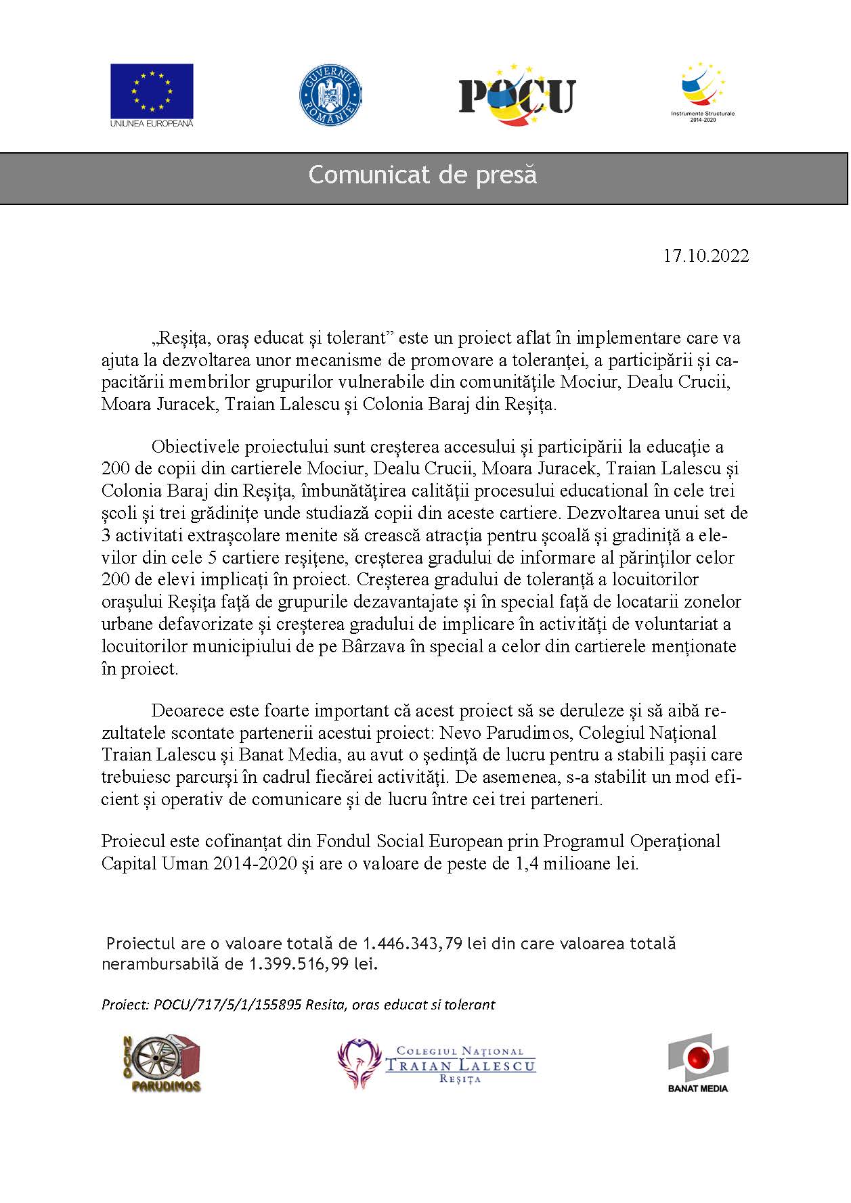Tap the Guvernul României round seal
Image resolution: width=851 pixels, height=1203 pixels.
pyautogui.click(x=330, y=94)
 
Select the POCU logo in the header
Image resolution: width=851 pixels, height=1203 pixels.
pyautogui.click(x=517, y=95)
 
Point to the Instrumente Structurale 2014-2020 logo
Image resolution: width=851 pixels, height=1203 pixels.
pyautogui.click(x=702, y=93)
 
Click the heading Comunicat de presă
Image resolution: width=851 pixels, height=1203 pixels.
pyautogui.click(x=422, y=175)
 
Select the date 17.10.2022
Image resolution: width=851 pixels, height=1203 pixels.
pyautogui.click(x=705, y=256)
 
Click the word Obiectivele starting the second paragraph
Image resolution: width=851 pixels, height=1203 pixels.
pyautogui.click(x=194, y=447)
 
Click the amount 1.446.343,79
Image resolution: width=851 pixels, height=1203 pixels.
pyautogui.click(x=413, y=943)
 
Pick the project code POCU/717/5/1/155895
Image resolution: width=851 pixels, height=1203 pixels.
pyautogui.click(x=227, y=1005)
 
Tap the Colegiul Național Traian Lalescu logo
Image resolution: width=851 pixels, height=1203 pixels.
pyautogui.click(x=437, y=1064)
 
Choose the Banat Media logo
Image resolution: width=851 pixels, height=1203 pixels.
pyautogui.click(x=698, y=1062)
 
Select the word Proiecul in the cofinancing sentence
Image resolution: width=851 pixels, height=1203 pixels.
pyautogui.click(x=133, y=841)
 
